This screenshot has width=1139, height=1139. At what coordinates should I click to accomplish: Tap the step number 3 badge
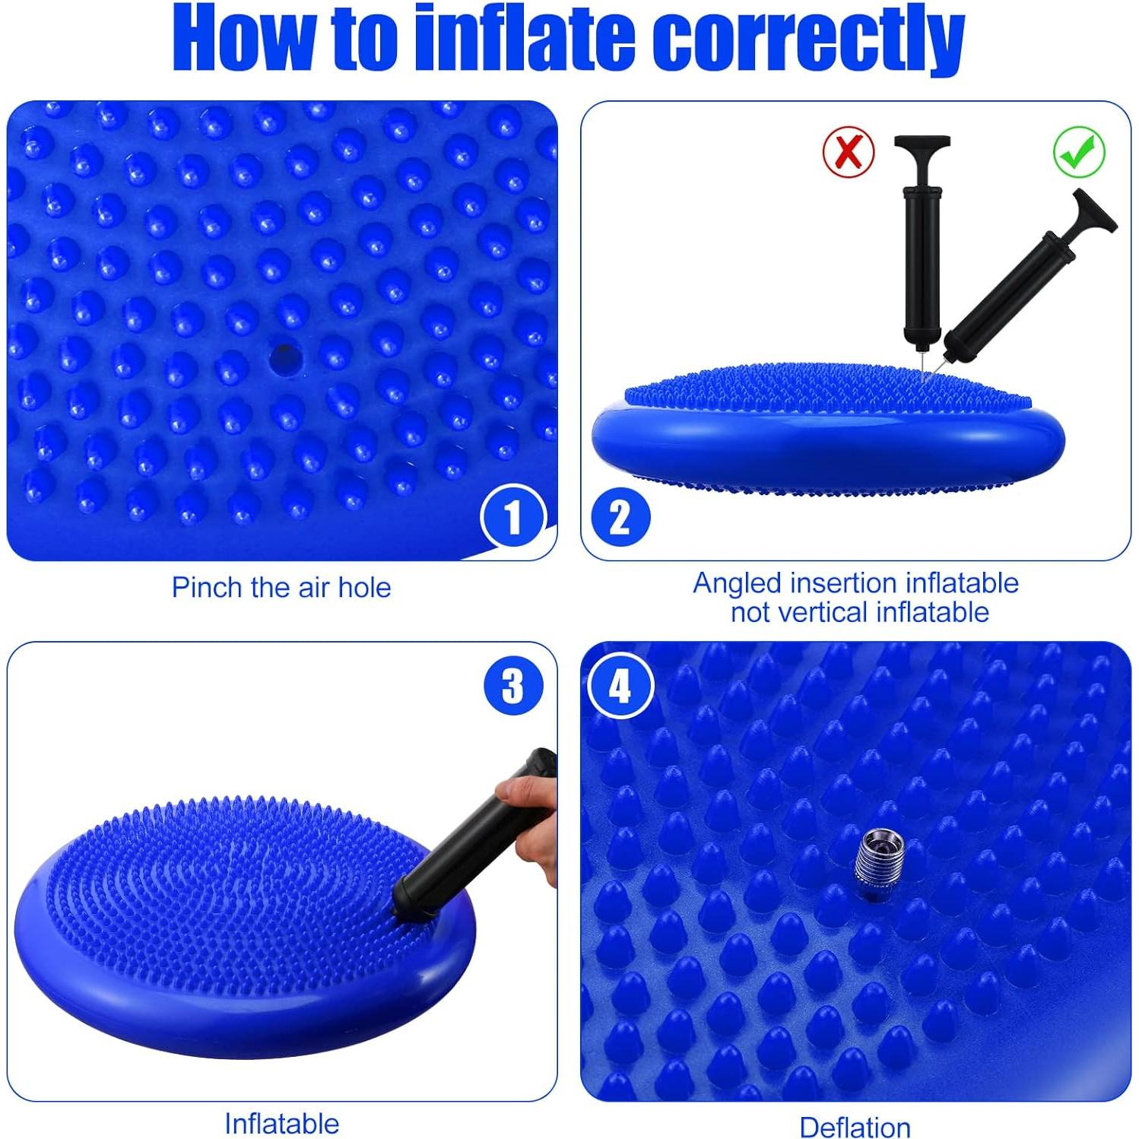513,686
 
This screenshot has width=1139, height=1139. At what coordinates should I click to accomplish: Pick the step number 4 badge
620,687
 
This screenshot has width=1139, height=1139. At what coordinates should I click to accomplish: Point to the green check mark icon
1079,152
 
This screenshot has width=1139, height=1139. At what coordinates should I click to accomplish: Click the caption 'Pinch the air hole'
281,588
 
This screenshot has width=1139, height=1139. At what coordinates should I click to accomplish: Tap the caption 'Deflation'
855,1127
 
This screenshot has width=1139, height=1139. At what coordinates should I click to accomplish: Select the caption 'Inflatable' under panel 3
281,1123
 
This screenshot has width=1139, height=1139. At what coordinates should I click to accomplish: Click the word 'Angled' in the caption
737,583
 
